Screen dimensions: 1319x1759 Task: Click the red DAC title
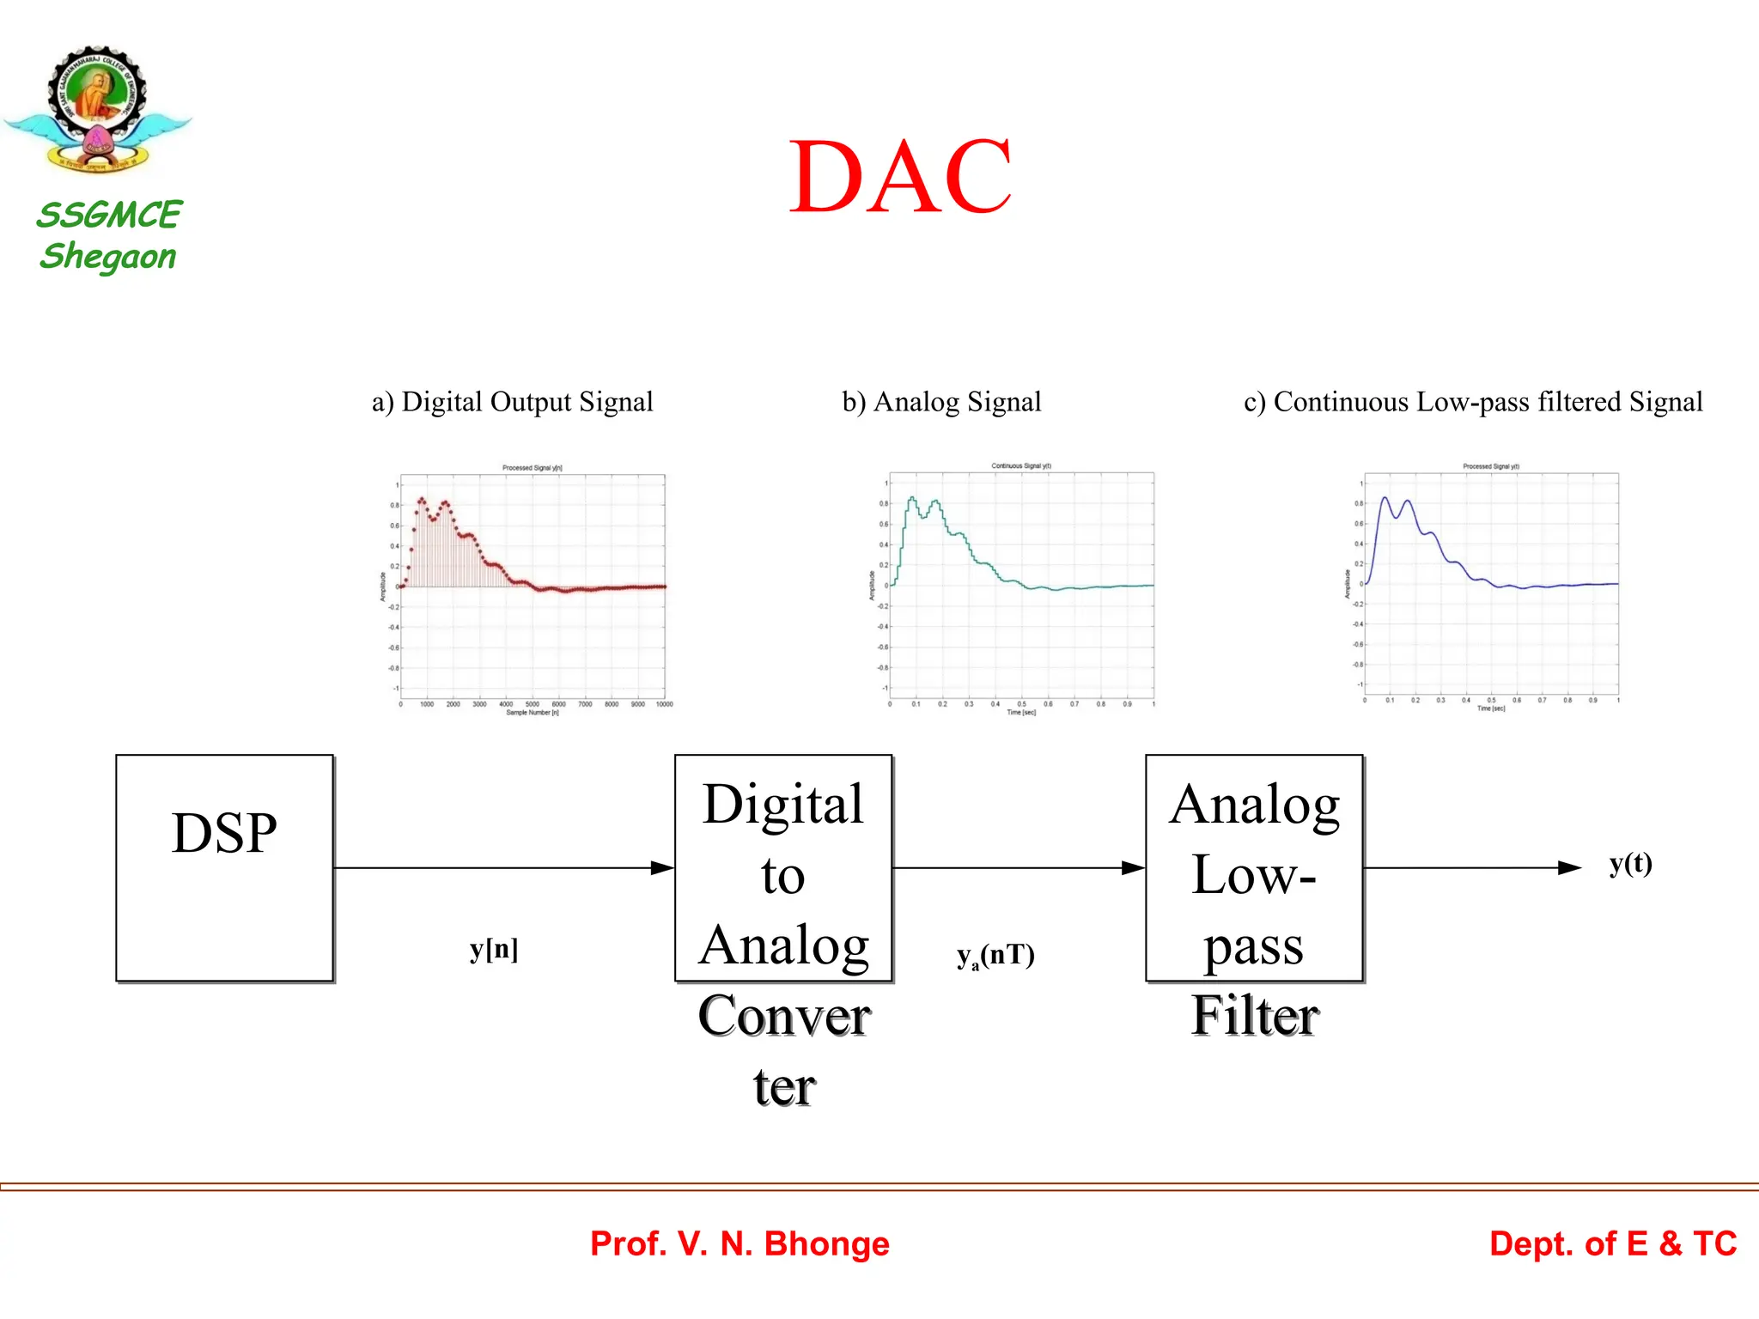point(900,178)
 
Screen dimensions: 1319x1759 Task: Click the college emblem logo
point(97,109)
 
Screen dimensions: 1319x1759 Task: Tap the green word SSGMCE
point(109,215)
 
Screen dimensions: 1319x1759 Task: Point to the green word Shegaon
point(108,257)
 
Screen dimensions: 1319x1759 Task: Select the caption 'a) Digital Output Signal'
point(512,402)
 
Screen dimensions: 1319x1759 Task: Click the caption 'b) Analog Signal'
point(941,402)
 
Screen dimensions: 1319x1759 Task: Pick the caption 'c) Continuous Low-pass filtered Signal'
point(1473,402)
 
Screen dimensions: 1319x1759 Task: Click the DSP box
point(224,867)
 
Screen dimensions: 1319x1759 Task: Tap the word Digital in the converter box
point(782,805)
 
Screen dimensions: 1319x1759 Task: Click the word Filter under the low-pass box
point(1254,1016)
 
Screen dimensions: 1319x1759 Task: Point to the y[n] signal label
point(494,950)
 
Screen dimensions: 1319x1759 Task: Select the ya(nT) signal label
point(995,955)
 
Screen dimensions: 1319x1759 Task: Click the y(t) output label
point(1630,863)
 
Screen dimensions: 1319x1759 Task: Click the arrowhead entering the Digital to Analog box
point(663,868)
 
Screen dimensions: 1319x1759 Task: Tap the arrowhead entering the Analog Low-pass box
point(1134,868)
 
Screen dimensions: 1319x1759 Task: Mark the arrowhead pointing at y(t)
point(1569,868)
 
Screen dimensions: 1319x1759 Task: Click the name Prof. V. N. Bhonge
point(740,1243)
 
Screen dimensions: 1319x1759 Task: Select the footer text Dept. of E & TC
point(1613,1243)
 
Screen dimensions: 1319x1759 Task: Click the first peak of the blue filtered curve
point(1385,498)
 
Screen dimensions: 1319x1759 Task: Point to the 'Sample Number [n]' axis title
point(533,713)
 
